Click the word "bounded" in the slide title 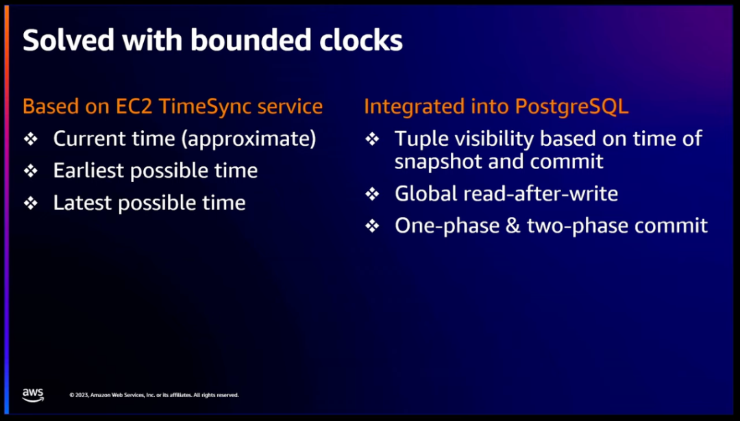251,40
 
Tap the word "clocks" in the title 361,40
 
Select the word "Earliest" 88,170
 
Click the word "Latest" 83,203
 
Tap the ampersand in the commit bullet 512,226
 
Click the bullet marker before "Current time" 31,139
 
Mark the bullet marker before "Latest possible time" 31,203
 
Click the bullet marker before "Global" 372,194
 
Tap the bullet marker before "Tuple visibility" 372,139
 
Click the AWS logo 33,395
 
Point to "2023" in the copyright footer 83,395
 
